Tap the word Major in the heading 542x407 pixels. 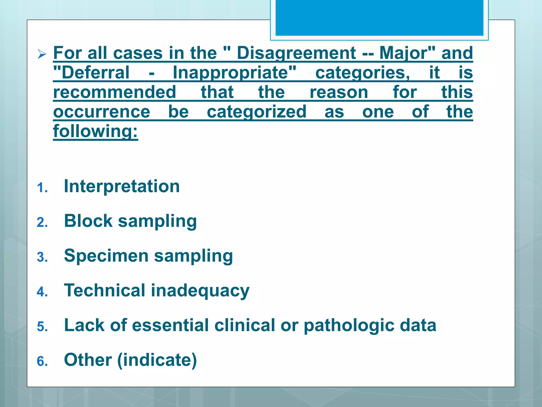pyautogui.click(x=404, y=53)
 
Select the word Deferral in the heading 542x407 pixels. pyautogui.click(x=92, y=73)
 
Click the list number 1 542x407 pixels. pyautogui.click(x=42, y=188)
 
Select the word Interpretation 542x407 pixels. pyautogui.click(x=122, y=186)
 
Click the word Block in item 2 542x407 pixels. pyautogui.click(x=88, y=221)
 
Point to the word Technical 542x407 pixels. pyautogui.click(x=105, y=290)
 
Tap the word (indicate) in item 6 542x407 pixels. pyautogui.click(x=157, y=360)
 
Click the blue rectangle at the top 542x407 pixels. pyautogui.click(x=379, y=18)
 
